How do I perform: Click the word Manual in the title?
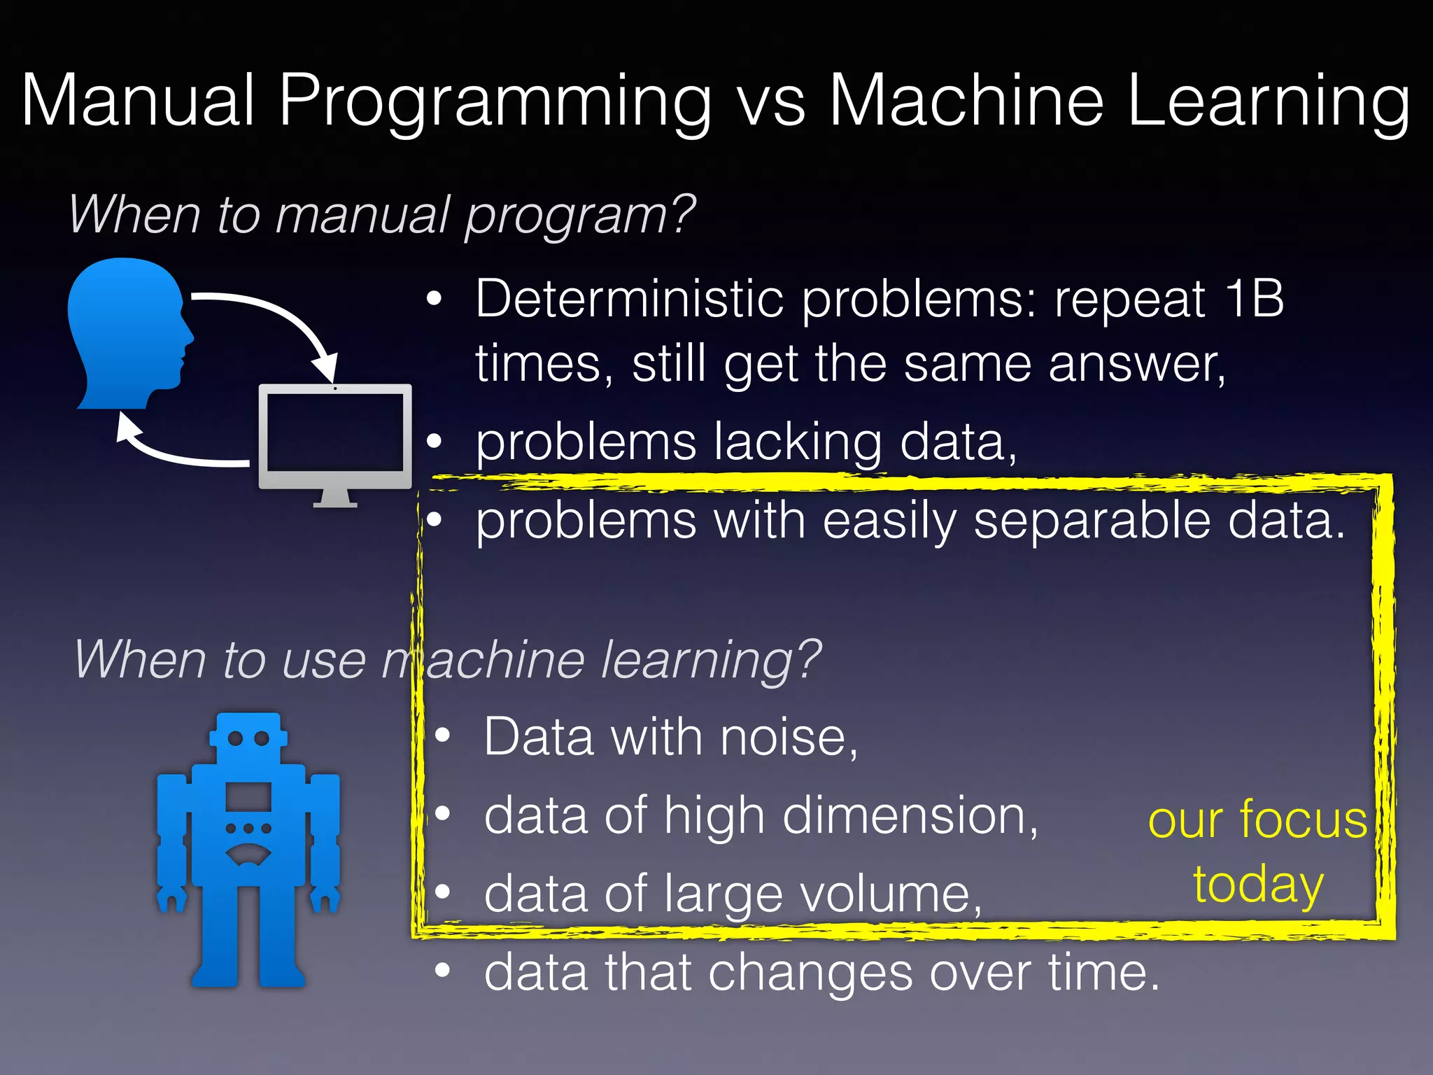(138, 101)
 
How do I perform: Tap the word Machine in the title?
(966, 101)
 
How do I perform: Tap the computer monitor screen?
(335, 433)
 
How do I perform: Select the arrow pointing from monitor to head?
(175, 451)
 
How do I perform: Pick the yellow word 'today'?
(1258, 885)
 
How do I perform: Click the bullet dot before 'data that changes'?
(442, 971)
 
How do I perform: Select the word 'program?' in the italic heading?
(580, 216)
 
